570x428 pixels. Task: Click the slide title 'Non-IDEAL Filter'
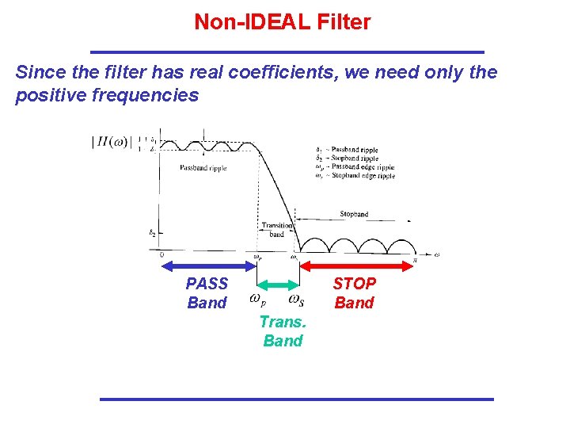[x=283, y=22]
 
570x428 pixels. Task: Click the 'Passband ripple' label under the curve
[x=203, y=168]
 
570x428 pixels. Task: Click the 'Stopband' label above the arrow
[x=354, y=214]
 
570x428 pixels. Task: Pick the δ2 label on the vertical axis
[x=152, y=233]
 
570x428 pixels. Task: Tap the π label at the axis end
[x=414, y=260]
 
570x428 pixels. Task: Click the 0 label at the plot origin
[x=161, y=255]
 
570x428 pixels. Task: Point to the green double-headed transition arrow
[x=278, y=285]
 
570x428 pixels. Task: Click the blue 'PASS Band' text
[x=207, y=293]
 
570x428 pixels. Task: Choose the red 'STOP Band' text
[x=354, y=293]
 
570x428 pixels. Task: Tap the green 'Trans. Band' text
[x=283, y=331]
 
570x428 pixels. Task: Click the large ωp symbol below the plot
[x=257, y=300]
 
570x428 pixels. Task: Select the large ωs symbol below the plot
[x=296, y=300]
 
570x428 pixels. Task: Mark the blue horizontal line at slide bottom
[x=296, y=399]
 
